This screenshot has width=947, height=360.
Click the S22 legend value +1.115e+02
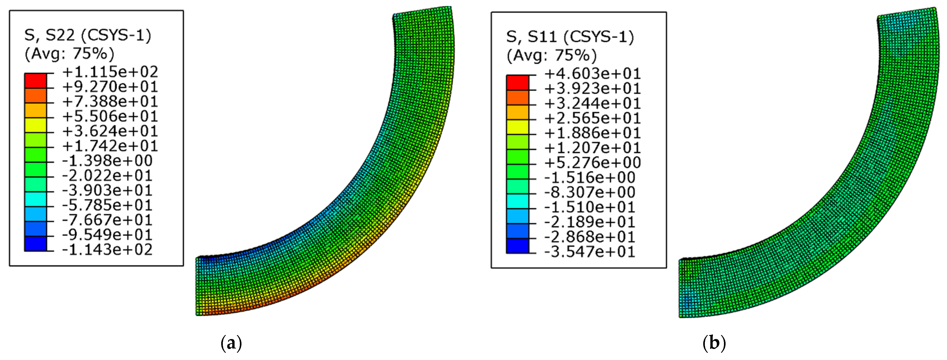point(110,72)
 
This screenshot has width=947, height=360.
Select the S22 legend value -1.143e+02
point(107,250)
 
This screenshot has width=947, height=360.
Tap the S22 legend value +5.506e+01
point(110,116)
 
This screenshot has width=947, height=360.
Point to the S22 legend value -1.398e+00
point(107,161)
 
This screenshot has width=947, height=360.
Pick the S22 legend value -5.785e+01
point(107,205)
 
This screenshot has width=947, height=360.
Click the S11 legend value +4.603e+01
point(592,73)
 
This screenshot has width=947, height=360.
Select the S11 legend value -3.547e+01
point(590,252)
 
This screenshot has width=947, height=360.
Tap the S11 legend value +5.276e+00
point(592,163)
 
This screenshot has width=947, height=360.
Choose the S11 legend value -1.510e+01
point(590,207)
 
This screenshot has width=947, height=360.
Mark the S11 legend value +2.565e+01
point(592,118)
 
